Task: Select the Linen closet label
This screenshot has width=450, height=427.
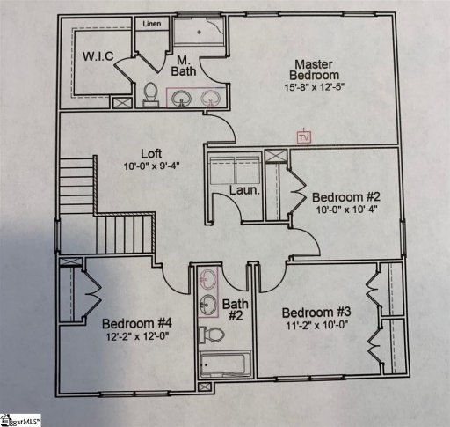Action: pyautogui.click(x=151, y=25)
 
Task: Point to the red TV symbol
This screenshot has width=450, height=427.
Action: pyautogui.click(x=304, y=136)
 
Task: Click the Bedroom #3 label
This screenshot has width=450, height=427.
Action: pyautogui.click(x=316, y=313)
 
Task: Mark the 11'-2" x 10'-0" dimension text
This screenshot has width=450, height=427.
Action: pyautogui.click(x=316, y=327)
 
